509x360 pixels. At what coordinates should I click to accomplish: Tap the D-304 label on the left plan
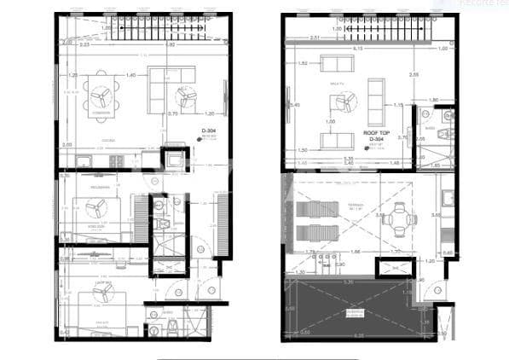210,131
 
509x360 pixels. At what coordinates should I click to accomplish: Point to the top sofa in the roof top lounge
333,63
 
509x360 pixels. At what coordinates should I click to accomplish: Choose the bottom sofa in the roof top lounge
333,140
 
